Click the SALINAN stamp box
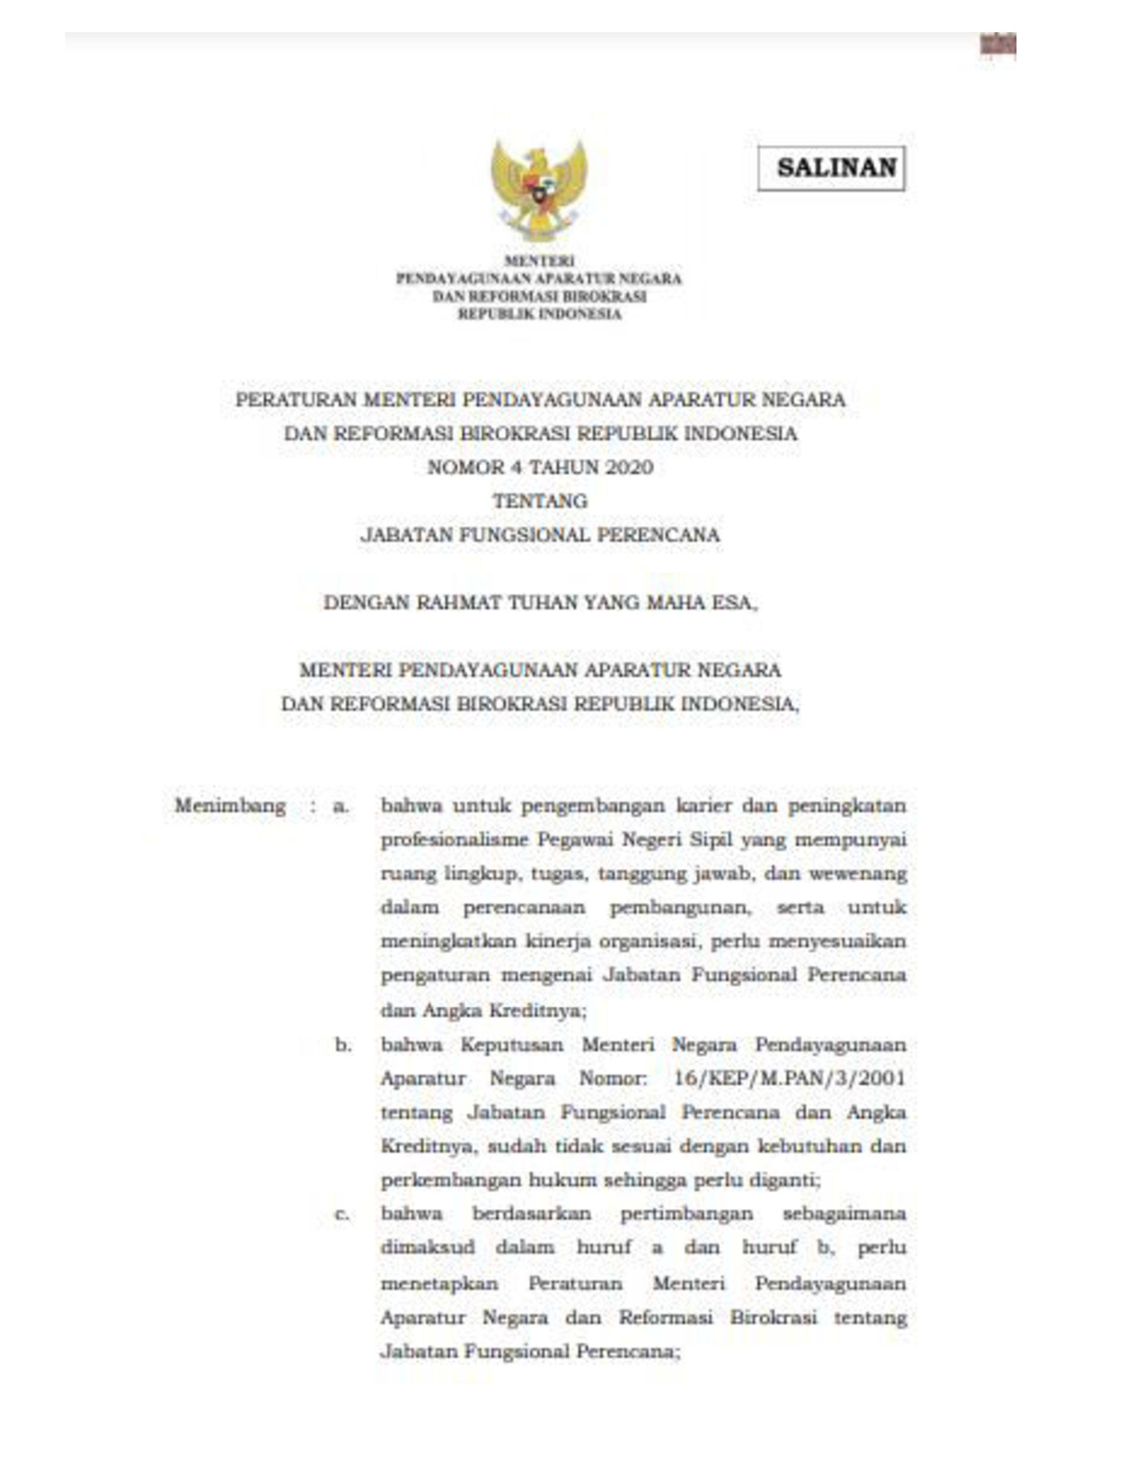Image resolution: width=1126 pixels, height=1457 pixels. [831, 168]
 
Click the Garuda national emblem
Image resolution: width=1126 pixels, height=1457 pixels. [539, 189]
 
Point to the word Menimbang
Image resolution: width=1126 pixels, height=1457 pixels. [230, 806]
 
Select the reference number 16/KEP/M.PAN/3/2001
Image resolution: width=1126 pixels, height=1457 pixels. [789, 1079]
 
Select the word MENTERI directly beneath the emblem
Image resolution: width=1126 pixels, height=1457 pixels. [539, 261]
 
